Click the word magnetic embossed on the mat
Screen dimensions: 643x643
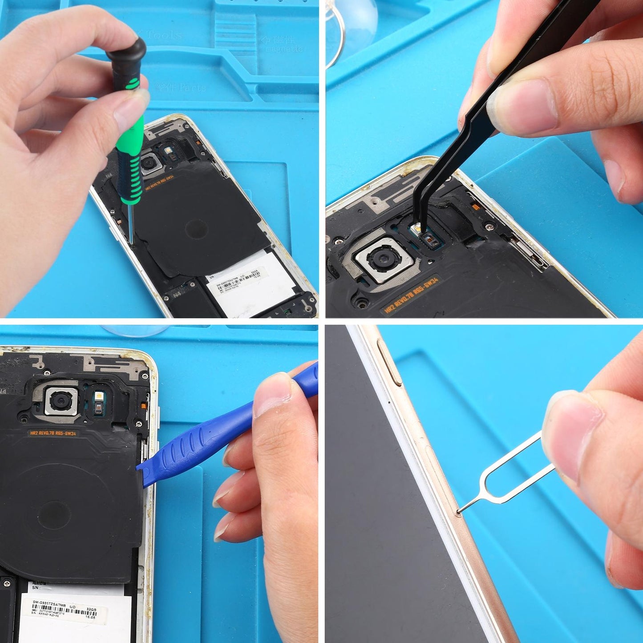pos(285,49)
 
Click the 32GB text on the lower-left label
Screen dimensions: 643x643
pos(91,609)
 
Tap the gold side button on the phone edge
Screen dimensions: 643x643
pos(389,363)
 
